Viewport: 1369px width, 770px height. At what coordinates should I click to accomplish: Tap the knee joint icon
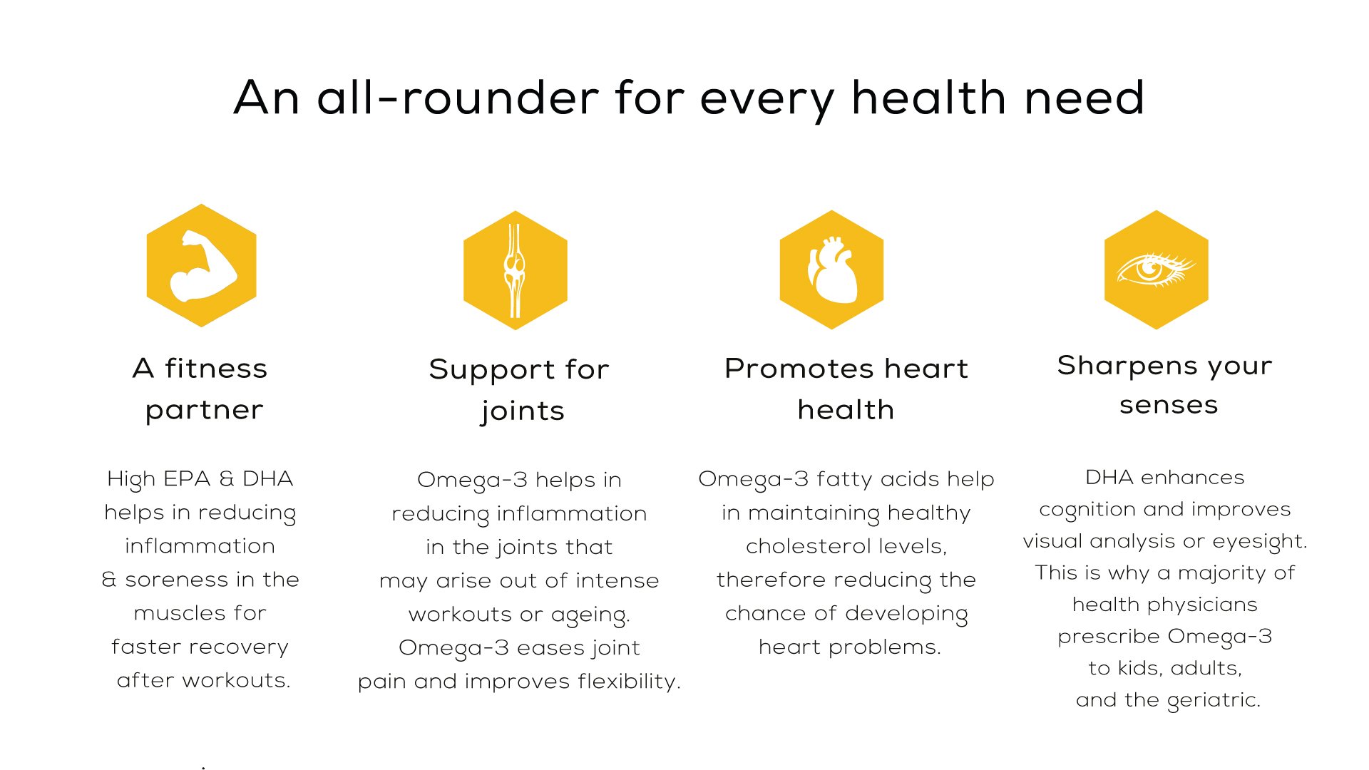click(x=515, y=270)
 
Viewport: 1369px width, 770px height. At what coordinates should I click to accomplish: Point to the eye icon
click(x=1156, y=270)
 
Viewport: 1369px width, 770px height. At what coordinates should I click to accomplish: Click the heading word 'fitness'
click(x=216, y=368)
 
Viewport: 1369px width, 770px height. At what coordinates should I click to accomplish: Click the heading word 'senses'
click(x=1169, y=405)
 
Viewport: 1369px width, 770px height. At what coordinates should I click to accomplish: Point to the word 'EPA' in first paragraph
click(x=188, y=478)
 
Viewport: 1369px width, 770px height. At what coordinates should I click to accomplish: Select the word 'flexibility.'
click(x=629, y=682)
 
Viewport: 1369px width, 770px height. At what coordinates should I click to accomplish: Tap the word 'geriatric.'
click(x=1214, y=701)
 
